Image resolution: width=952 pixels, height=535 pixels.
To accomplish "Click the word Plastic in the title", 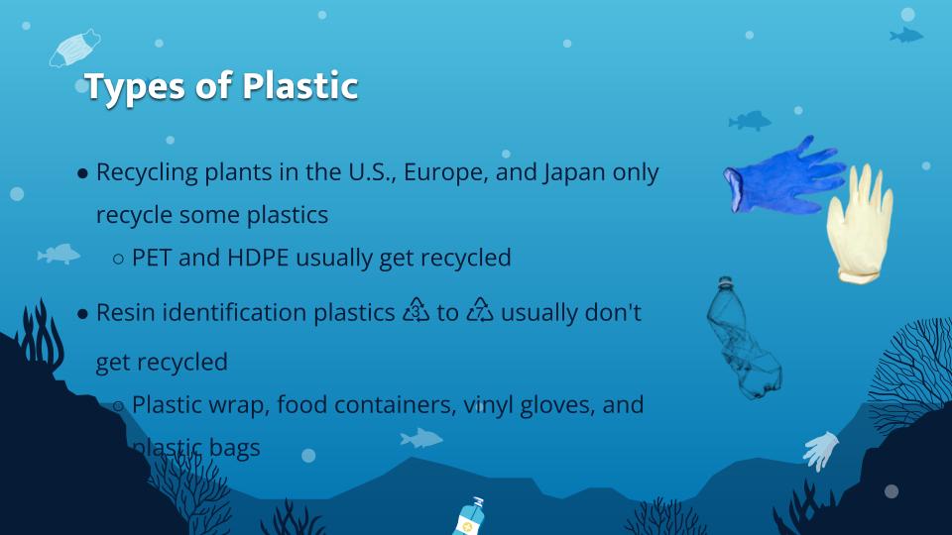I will coord(300,86).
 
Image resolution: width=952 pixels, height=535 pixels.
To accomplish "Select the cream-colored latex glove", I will coord(859,223).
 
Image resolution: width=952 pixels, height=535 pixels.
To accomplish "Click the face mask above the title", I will coord(76,47).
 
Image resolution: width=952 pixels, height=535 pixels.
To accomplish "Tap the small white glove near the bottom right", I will coord(821,451).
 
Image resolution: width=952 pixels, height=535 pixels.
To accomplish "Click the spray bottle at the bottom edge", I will coord(469,516).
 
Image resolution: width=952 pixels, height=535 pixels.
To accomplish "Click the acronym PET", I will coord(152,259).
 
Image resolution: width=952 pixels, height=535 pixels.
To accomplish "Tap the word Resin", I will coord(125,313).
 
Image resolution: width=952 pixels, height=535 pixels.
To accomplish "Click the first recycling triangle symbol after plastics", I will coord(416,311).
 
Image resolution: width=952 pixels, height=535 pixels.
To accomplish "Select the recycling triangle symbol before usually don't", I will coord(480,311).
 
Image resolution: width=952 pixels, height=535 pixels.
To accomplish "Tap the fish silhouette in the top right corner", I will coord(905,36).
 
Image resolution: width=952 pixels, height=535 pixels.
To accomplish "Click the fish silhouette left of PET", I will coord(59,255).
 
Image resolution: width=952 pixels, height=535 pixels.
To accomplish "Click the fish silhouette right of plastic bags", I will coord(421,437).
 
